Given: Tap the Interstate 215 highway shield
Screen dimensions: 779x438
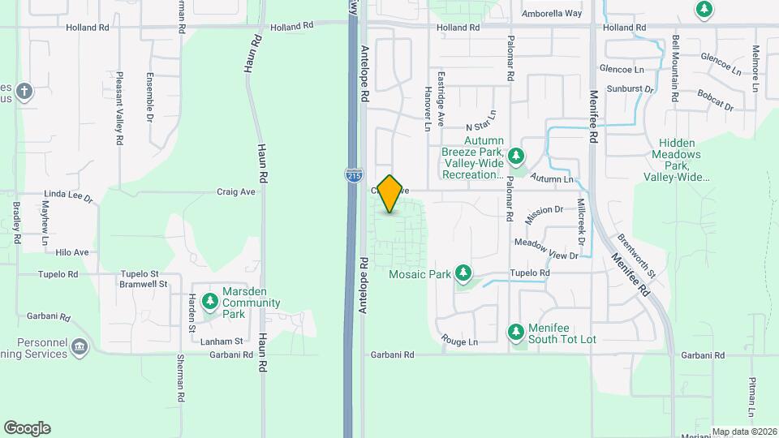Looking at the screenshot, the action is coord(353,174).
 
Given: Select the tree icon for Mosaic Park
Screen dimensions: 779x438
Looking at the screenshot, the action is coord(463,273).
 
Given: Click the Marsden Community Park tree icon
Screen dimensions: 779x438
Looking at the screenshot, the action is coord(210,302).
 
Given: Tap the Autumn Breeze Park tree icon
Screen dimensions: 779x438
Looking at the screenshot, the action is coord(516,156).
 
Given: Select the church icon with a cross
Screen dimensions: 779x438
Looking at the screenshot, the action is coord(24,91).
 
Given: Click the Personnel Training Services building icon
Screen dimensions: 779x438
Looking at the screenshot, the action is coord(80,347).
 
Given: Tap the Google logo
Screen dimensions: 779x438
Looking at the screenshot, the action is coord(27,428).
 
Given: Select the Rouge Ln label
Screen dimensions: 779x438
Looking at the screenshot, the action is coord(459,341).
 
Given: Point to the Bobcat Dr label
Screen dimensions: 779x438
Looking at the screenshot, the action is coord(714,106).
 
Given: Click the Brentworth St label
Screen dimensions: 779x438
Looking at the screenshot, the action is coord(636,249).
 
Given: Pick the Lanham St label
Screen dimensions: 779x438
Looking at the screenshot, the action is coord(227,341).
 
